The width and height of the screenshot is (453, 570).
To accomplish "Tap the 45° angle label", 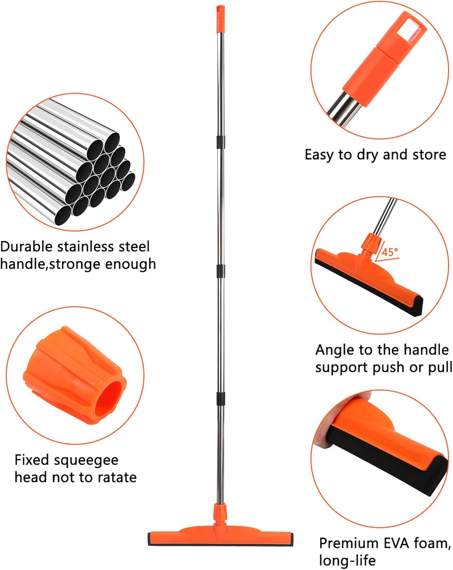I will pyautogui.click(x=390, y=252).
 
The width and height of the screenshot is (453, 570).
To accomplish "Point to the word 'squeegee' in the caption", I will pyautogui.click(x=87, y=461).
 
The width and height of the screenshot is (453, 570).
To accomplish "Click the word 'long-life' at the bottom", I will pyautogui.click(x=347, y=560).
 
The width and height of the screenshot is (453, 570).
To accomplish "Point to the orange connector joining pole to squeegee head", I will pyautogui.click(x=220, y=513).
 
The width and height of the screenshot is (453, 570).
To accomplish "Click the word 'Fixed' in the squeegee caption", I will pyautogui.click(x=32, y=460).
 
